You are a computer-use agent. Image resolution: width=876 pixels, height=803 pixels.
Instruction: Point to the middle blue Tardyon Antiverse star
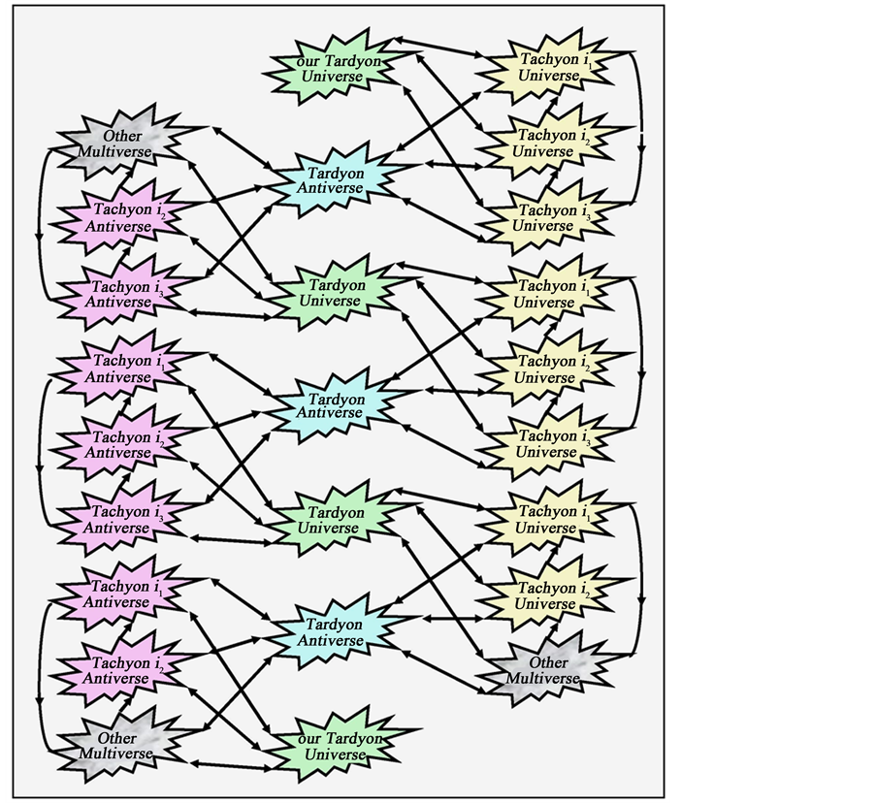click(x=336, y=405)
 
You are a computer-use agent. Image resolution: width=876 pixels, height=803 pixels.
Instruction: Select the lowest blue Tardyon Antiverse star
click(x=334, y=632)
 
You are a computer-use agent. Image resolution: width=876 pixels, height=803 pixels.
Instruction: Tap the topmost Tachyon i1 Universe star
click(x=549, y=67)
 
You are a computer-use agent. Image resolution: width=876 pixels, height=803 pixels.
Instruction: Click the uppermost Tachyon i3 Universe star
click(x=545, y=217)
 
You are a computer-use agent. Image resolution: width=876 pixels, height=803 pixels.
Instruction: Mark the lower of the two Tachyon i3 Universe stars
click(x=546, y=443)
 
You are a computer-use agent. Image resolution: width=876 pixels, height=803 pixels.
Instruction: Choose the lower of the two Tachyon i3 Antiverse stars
click(x=117, y=520)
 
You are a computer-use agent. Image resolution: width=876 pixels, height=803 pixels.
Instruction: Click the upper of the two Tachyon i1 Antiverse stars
click(x=117, y=369)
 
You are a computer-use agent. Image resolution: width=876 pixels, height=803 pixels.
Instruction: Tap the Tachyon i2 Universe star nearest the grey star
click(x=546, y=595)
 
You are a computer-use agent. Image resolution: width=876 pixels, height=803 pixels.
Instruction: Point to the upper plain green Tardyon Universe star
click(x=334, y=292)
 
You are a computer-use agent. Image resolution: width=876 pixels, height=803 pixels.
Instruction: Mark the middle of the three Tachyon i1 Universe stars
click(x=546, y=294)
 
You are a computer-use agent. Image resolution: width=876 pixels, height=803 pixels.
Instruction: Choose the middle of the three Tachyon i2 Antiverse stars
click(x=117, y=444)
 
